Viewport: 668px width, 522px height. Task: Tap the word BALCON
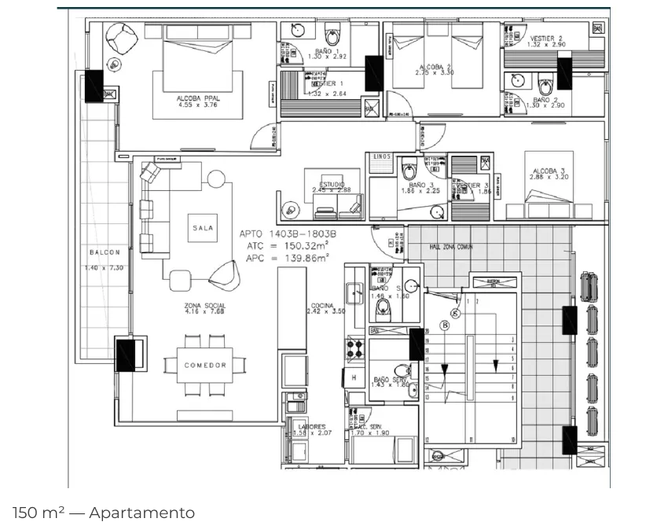(104, 252)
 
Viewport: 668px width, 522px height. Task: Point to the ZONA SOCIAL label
(205, 305)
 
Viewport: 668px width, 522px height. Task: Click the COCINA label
(321, 305)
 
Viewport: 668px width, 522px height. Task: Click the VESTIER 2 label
(546, 38)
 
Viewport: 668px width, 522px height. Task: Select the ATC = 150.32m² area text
(288, 245)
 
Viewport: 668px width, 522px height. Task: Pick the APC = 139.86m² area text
(288, 257)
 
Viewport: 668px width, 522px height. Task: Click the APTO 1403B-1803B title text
(288, 233)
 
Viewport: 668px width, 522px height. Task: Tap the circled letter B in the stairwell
(445, 324)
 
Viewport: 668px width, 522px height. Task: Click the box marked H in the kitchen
(354, 377)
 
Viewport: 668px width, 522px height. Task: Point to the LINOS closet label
(382, 157)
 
